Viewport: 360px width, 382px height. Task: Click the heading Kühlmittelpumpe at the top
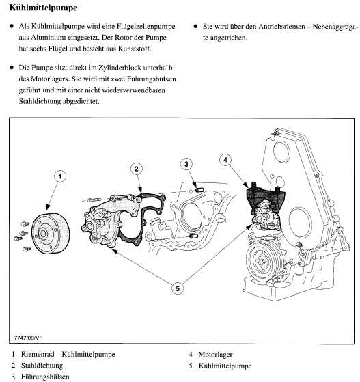tap(43, 8)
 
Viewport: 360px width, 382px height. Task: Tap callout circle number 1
tap(60, 176)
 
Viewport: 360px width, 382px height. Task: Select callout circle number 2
tap(137, 169)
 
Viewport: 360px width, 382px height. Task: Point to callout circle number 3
tap(186, 164)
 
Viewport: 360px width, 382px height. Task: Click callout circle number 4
tap(225, 160)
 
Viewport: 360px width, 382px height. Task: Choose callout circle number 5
tap(178, 288)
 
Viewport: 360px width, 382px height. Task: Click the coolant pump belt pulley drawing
tap(51, 234)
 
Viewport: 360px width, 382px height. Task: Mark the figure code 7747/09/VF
tap(29, 338)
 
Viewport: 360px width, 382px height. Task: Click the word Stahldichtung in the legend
tap(42, 366)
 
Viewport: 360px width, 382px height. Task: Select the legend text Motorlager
tap(215, 355)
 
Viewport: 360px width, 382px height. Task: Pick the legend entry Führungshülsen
tap(45, 377)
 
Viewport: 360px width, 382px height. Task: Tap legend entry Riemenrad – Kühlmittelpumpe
tap(68, 354)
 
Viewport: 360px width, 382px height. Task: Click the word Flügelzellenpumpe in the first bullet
tap(146, 27)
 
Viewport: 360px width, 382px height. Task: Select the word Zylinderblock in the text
tap(120, 68)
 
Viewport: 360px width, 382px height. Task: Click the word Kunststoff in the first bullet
tap(135, 49)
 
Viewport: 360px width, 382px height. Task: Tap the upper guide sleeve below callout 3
tap(199, 189)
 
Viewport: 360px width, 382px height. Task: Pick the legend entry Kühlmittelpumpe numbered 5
tap(225, 366)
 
